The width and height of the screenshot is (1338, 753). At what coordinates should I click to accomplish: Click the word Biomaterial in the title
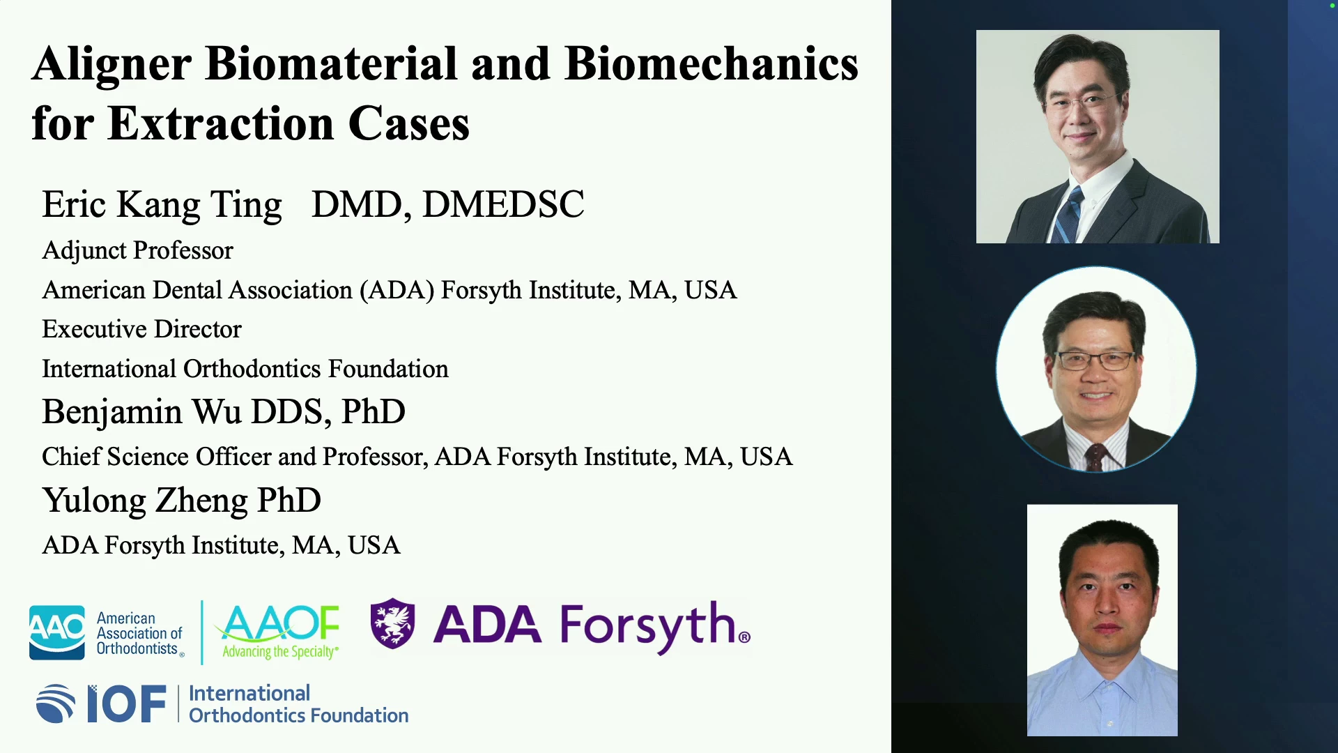click(331, 63)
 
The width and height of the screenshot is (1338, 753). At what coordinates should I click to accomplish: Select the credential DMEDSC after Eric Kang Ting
click(503, 204)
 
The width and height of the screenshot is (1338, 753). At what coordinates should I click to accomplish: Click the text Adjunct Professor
click(137, 250)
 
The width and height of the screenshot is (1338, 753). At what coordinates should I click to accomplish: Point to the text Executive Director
click(141, 329)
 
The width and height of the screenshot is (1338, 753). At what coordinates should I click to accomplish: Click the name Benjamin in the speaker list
click(112, 412)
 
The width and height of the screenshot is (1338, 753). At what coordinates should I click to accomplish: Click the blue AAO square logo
click(57, 632)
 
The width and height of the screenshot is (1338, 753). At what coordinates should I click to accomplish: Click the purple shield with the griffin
click(392, 623)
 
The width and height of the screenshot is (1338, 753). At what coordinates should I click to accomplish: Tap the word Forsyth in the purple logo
click(648, 626)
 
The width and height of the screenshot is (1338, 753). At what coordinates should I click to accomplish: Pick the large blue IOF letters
click(127, 704)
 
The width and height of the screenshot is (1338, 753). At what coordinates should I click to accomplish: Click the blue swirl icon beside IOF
click(56, 704)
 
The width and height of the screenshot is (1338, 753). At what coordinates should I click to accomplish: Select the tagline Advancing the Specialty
click(280, 652)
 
